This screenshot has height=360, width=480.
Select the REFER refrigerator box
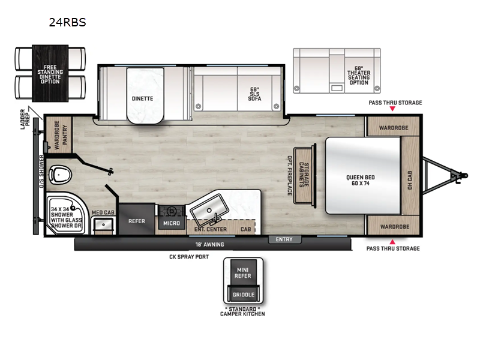[136, 220]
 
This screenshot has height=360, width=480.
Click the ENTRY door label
[284, 240]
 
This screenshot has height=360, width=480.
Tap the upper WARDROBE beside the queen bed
[394, 127]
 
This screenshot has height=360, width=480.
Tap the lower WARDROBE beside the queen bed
[394, 227]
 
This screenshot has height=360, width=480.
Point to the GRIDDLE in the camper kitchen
[244, 295]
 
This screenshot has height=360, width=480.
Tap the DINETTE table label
[143, 98]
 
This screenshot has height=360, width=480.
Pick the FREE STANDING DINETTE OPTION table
[50, 73]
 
